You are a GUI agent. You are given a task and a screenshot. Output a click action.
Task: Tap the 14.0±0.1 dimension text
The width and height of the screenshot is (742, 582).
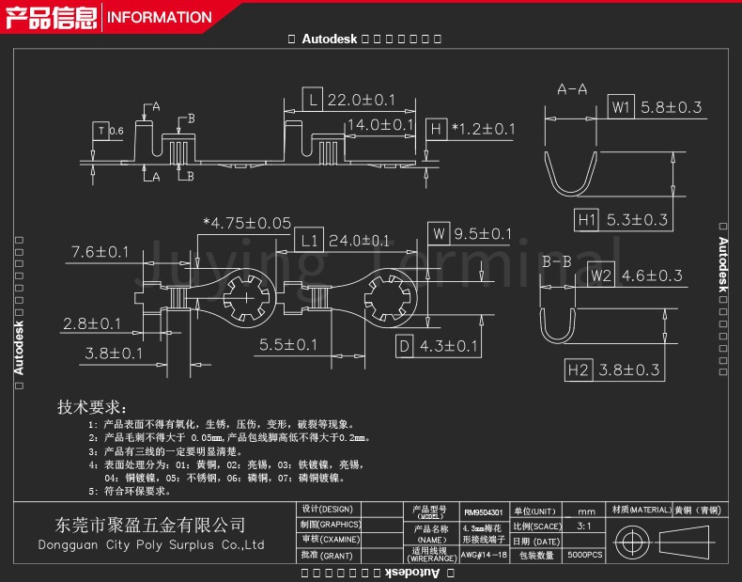[x=380, y=125]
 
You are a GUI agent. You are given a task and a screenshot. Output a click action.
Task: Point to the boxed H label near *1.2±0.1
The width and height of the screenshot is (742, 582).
[x=435, y=129]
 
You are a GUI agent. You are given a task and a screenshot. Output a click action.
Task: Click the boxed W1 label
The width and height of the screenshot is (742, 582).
[x=620, y=107]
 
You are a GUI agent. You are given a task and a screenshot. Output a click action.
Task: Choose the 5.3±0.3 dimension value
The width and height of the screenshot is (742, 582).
[x=637, y=220]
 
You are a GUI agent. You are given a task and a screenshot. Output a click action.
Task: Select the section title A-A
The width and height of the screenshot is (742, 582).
[x=572, y=89]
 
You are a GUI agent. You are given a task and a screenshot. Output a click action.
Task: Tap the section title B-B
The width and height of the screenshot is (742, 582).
[x=557, y=261]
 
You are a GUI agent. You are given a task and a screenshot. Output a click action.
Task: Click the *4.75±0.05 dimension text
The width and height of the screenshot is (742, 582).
[x=247, y=223]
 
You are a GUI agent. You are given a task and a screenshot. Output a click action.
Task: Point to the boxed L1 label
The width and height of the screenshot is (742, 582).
[x=308, y=240]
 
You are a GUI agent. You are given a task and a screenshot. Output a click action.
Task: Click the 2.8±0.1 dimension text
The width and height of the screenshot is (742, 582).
[x=93, y=323]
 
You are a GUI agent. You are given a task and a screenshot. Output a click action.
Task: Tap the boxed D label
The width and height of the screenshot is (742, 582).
[x=404, y=346]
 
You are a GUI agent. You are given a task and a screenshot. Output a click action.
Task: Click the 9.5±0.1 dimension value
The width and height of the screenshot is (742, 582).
[x=483, y=233]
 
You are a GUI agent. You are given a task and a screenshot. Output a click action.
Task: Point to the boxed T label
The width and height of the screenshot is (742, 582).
[x=100, y=130]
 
